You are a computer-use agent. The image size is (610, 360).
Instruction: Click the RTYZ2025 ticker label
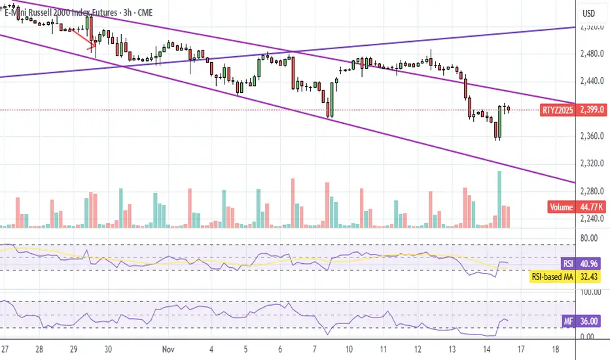(x=557, y=110)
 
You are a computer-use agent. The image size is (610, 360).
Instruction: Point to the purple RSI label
(x=568, y=264)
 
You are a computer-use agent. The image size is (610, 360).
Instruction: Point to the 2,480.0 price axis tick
(x=592, y=54)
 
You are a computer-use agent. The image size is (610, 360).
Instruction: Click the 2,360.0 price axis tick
(x=592, y=137)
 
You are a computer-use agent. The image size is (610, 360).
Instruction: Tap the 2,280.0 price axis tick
(x=592, y=192)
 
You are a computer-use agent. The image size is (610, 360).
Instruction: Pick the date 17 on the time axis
(x=520, y=349)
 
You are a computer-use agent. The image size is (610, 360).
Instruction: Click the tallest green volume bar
(x=499, y=199)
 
